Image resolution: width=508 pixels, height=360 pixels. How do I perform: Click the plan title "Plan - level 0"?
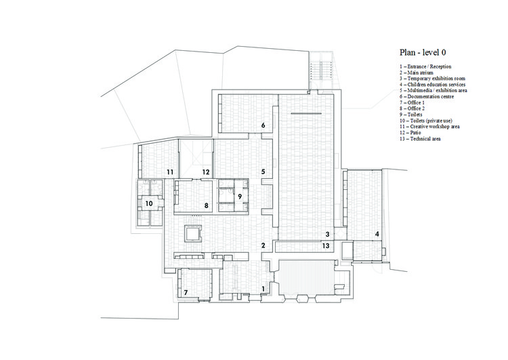click(x=423, y=52)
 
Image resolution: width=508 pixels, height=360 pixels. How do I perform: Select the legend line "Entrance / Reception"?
click(x=429, y=66)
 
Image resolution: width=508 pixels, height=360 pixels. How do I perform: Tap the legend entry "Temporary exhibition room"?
click(x=436, y=79)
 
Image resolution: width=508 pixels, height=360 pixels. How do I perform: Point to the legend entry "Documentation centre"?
click(x=430, y=97)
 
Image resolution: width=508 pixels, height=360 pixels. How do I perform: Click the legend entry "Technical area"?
click(x=425, y=139)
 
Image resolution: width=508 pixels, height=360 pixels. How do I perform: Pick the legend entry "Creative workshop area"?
click(x=434, y=127)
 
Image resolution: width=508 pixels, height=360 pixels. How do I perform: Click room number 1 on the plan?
click(x=263, y=289)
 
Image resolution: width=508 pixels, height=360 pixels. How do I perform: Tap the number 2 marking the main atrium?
click(x=263, y=245)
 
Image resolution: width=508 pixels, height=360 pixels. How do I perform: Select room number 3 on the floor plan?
click(x=328, y=234)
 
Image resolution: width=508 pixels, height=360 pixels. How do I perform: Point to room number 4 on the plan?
click(x=377, y=234)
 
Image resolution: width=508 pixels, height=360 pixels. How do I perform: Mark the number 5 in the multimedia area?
click(x=263, y=172)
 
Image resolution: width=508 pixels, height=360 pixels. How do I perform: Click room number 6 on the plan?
click(x=263, y=125)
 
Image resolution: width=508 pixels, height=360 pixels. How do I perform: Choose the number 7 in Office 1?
click(x=186, y=292)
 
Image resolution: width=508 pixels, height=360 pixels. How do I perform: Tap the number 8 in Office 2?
click(x=206, y=205)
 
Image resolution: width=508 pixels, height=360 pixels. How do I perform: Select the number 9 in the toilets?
click(x=240, y=196)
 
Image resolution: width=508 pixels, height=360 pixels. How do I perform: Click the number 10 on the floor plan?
click(x=149, y=203)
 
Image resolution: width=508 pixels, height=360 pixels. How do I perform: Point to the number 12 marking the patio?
click(x=206, y=172)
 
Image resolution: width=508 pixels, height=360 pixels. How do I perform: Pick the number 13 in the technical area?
click(x=326, y=245)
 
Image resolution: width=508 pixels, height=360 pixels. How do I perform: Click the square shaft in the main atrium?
click(x=193, y=234)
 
